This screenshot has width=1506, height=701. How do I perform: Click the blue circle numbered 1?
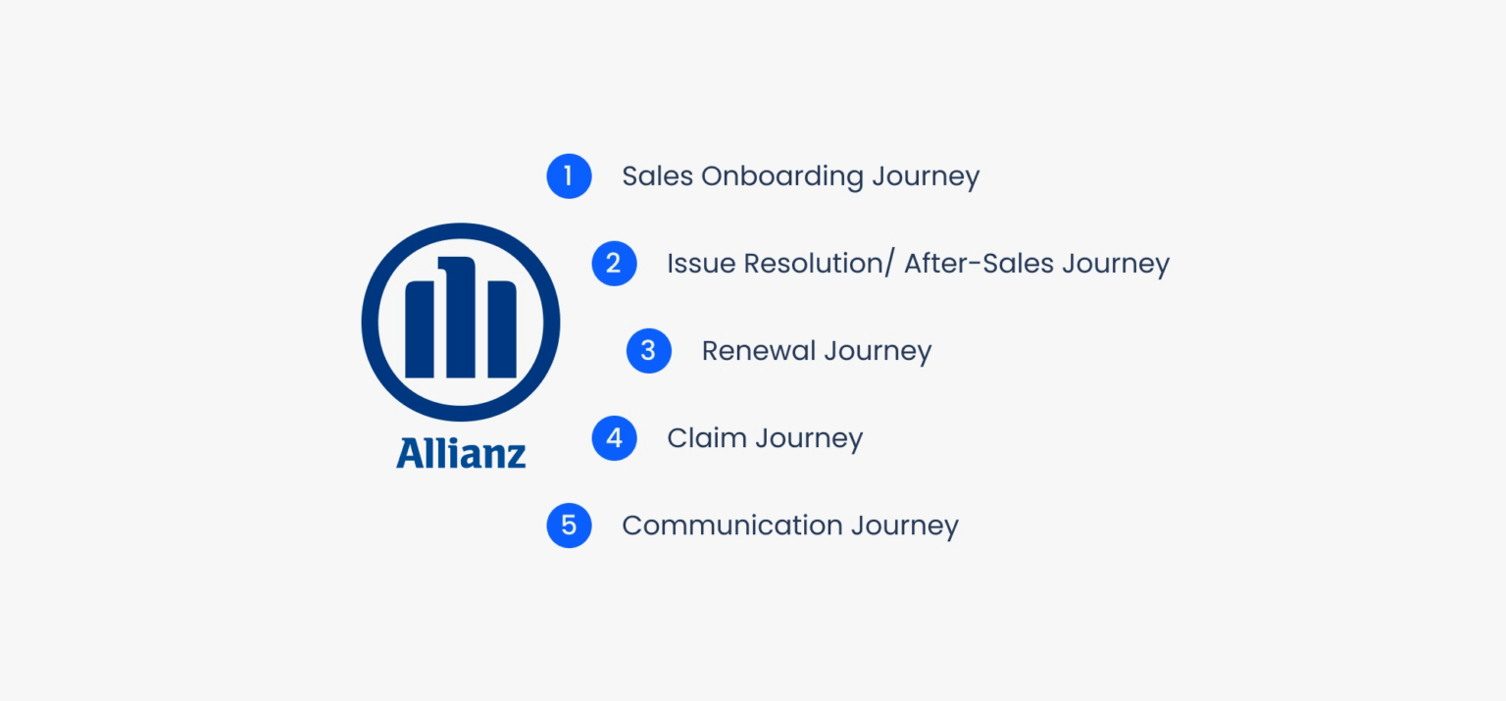coord(569,176)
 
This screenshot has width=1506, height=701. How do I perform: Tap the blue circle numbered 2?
coord(614,264)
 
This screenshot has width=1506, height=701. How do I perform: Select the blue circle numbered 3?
coord(648,351)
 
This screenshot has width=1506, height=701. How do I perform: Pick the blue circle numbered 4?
coord(614,438)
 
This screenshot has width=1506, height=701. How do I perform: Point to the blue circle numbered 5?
coord(569,526)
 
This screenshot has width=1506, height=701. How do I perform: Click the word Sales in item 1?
coord(657,176)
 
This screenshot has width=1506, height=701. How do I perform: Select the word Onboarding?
coord(782,177)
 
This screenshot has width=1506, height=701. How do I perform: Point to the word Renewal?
coord(758,351)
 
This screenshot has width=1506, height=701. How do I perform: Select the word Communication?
coord(731,526)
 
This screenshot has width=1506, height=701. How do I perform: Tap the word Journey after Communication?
coord(904,526)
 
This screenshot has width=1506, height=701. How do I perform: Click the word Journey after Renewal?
coord(878,352)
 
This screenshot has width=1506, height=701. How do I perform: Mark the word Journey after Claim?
coord(809,439)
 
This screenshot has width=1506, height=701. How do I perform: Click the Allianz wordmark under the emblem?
coord(461,453)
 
